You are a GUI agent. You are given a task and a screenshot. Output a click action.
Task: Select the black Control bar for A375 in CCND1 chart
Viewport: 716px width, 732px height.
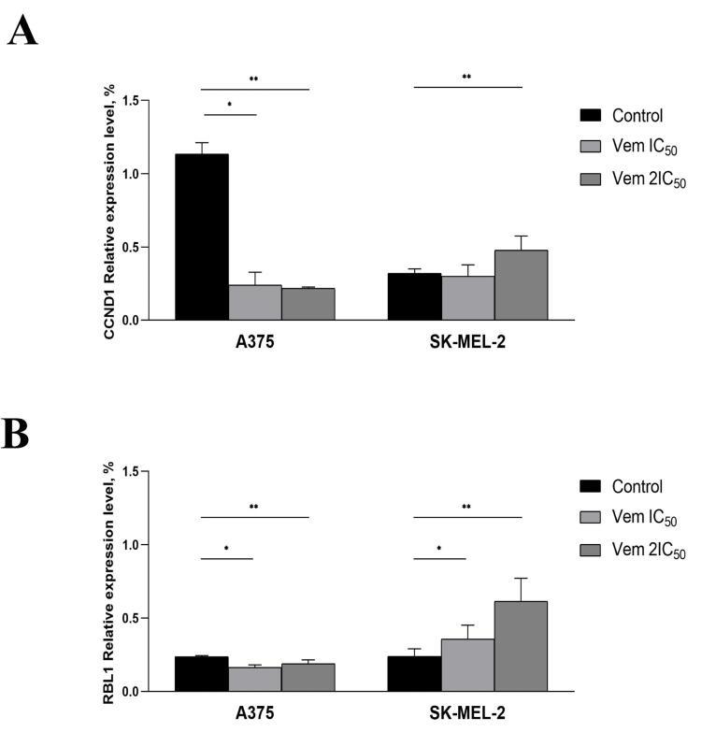pos(202,237)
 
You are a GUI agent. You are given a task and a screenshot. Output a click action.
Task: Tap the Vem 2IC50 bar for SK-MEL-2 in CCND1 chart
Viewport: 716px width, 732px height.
pos(521,285)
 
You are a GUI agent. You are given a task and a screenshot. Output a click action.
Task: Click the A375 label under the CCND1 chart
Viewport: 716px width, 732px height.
pos(255,341)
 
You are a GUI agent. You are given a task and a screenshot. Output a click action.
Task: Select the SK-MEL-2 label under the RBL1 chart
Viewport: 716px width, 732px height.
pos(468,711)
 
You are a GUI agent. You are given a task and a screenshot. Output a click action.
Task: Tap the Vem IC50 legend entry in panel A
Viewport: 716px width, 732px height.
pos(642,147)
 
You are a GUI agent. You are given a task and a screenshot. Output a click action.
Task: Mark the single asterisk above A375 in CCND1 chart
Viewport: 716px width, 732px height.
pos(229,106)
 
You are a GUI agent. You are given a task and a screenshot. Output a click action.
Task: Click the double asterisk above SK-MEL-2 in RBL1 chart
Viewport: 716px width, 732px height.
pos(467,508)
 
